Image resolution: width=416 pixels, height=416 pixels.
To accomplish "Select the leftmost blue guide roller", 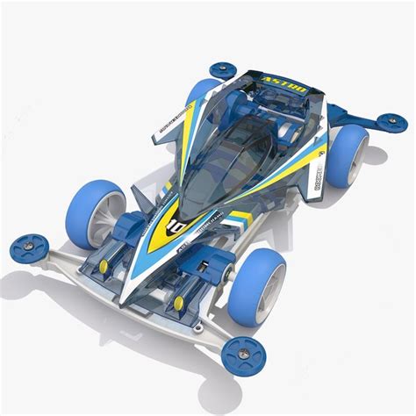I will [29, 248].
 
